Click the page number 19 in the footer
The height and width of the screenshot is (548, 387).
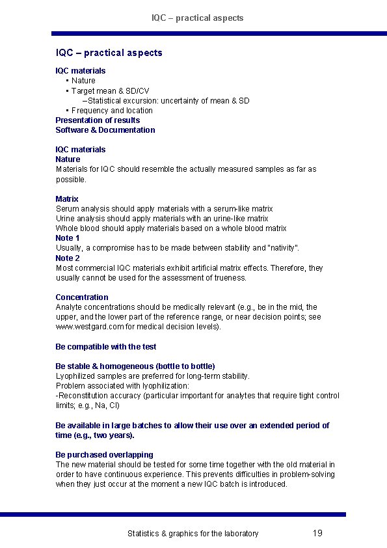coord(317,533)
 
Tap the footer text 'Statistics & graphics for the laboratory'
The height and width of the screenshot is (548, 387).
coord(193,534)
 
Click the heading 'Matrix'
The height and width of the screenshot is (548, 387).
coord(67,199)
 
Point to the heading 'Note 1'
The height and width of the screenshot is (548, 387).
coord(68,238)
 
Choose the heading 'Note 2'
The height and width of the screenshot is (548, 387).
coord(68,258)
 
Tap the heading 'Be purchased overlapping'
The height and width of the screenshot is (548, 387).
coord(104,455)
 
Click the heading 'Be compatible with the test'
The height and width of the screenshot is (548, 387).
coord(105,347)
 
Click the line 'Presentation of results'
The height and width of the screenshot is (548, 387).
coord(98,120)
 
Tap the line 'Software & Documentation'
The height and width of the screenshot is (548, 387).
coord(105,130)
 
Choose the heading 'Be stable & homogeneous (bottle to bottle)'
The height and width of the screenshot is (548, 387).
coord(135,366)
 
